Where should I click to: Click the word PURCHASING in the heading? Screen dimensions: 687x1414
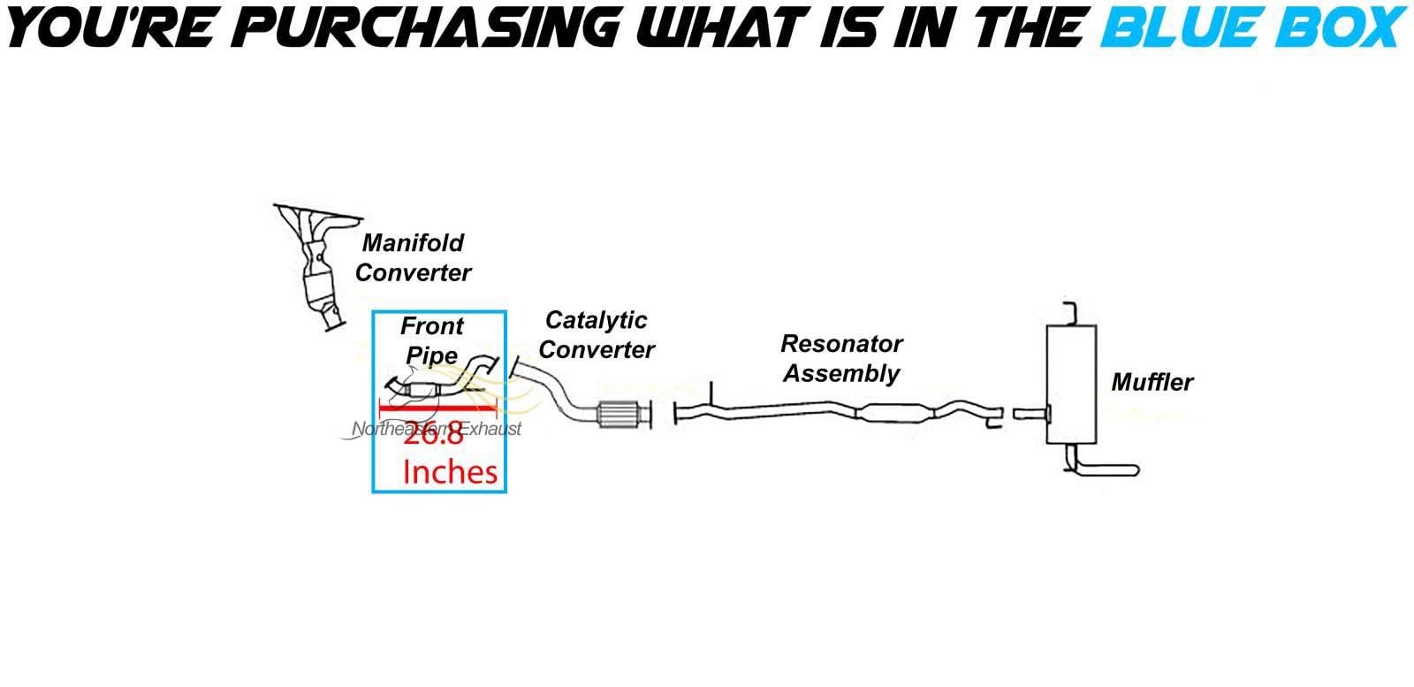coord(426,27)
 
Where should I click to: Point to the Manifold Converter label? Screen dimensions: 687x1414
coord(413,257)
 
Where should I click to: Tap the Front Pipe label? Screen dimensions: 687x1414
coord(432,340)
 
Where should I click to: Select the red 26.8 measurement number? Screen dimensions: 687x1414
coord(433,435)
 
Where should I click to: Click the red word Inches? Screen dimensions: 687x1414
coord(450,472)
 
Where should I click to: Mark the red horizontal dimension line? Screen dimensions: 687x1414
coord(437,408)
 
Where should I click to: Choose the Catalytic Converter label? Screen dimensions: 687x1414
coord(597,335)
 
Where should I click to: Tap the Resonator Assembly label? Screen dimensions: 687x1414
coord(841,358)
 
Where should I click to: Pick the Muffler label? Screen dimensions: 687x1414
coord(1152,382)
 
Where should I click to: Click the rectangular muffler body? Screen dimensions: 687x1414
coord(1071,384)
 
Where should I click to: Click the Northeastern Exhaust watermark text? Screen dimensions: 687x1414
coord(437,429)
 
